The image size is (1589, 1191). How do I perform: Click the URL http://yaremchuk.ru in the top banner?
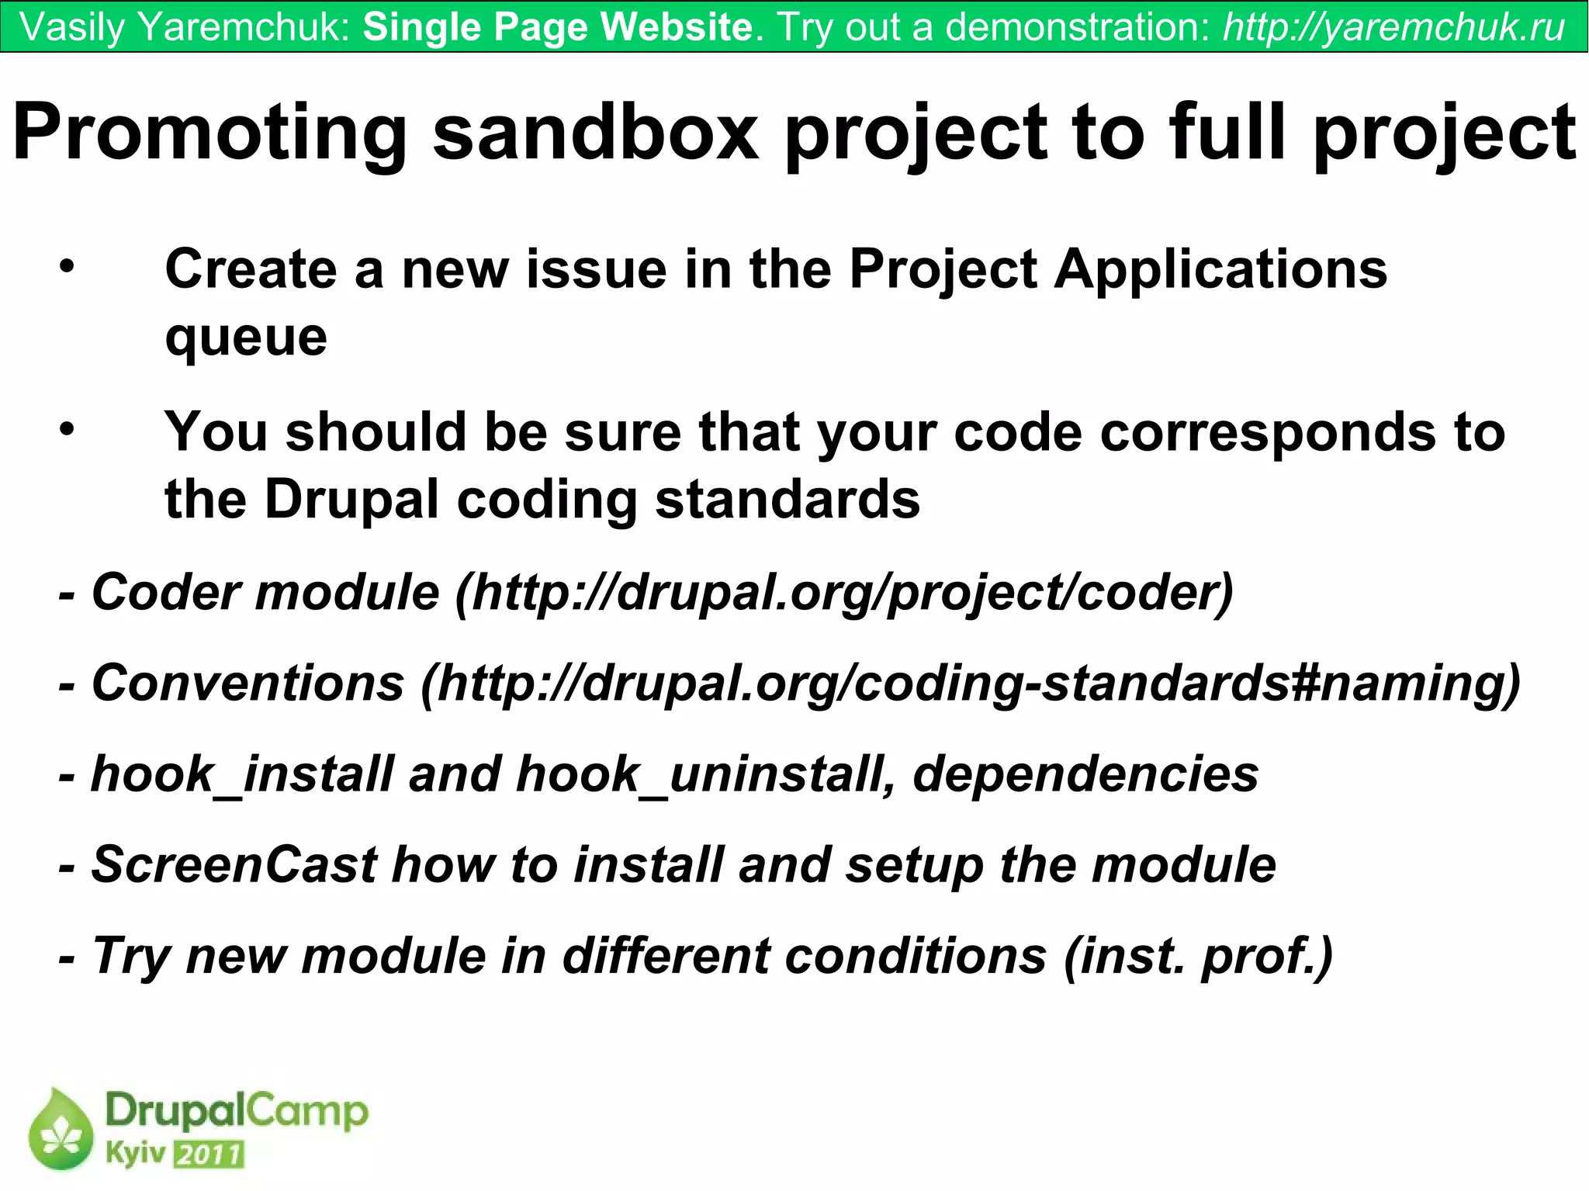(1394, 27)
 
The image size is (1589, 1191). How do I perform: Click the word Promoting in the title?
(209, 132)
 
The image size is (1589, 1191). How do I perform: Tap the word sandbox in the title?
(595, 132)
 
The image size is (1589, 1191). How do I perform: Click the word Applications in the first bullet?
(1220, 269)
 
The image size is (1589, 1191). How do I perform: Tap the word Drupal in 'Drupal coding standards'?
(352, 499)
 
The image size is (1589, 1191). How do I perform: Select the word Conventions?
(248, 684)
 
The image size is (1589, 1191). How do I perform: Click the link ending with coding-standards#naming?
(970, 684)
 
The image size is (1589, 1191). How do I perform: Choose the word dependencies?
(1085, 774)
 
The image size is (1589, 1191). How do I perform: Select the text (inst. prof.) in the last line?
(1198, 956)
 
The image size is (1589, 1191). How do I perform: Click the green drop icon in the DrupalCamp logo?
(61, 1129)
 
